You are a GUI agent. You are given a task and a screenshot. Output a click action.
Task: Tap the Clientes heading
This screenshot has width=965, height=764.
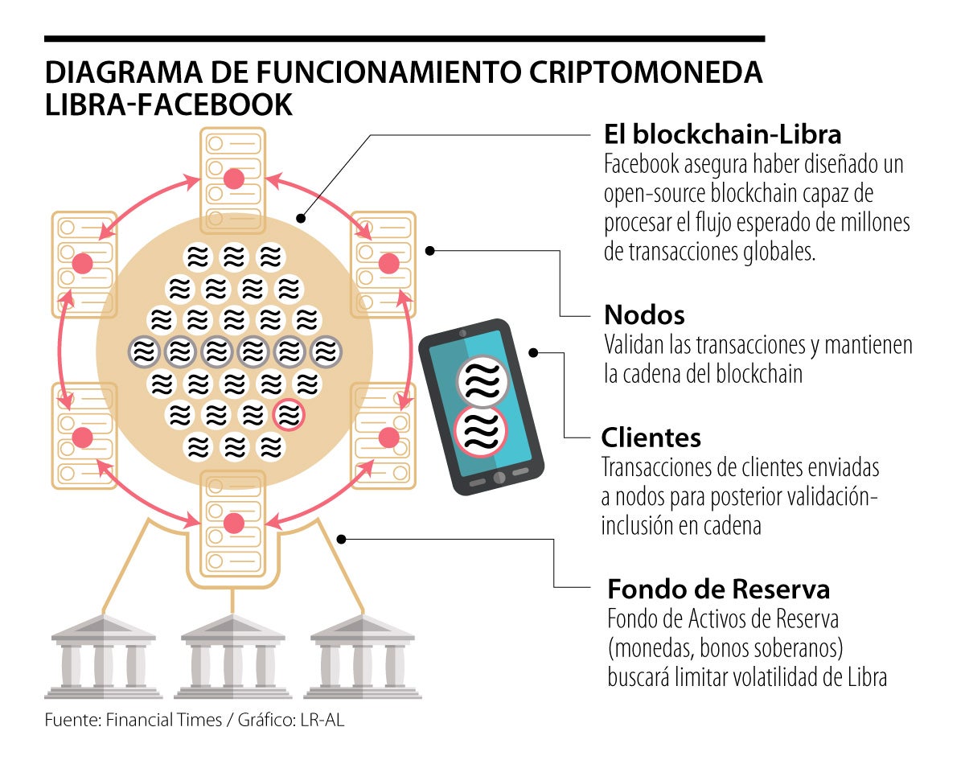(651, 437)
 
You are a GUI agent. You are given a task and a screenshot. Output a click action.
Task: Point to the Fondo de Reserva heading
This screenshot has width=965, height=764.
(718, 589)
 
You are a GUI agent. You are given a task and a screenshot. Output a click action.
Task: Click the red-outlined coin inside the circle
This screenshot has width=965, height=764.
(289, 415)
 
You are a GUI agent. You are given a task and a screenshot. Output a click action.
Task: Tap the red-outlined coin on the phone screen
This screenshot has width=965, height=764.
(481, 433)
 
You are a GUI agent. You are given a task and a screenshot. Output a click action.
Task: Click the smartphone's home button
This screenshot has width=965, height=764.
(499, 478)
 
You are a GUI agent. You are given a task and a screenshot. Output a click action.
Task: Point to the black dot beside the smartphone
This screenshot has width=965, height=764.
(533, 352)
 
